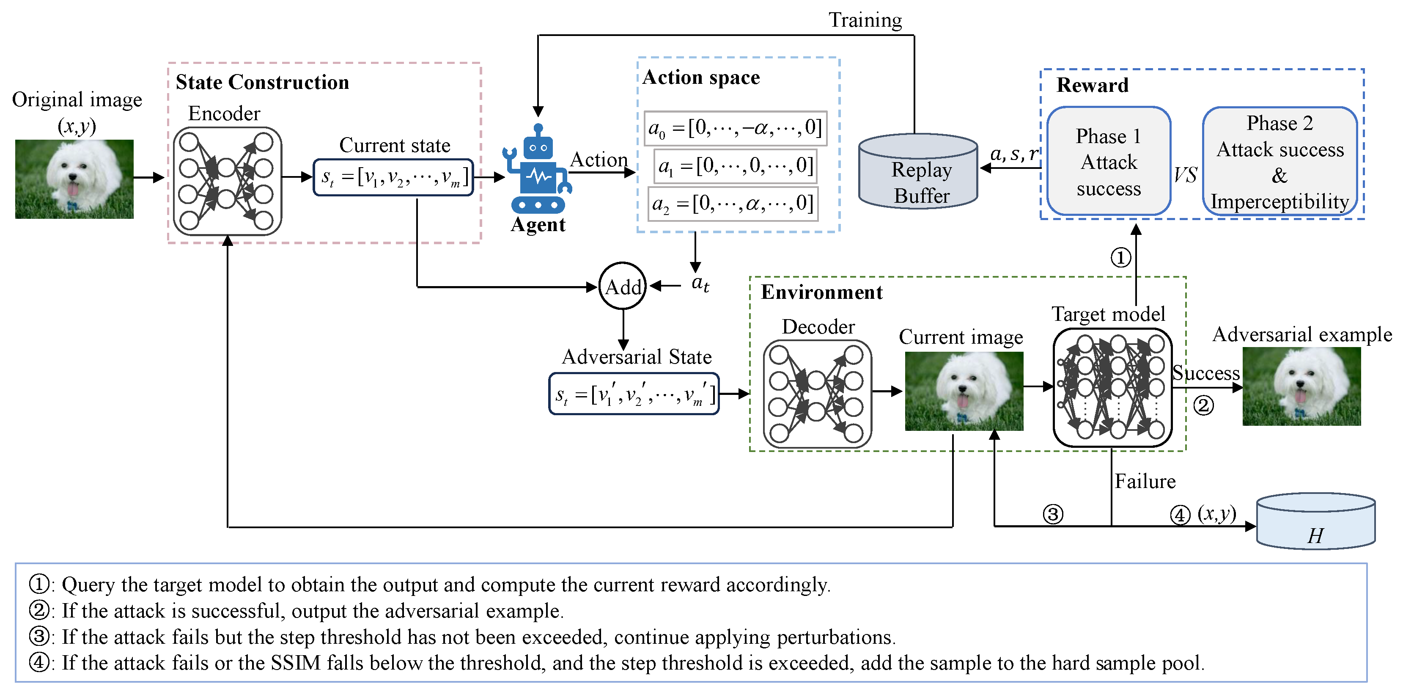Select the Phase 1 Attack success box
click(x=1108, y=161)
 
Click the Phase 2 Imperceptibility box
click(x=1279, y=161)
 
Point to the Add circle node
click(x=623, y=286)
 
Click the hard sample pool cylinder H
click(x=1315, y=522)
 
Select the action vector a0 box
click(x=735, y=129)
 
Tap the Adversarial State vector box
click(x=634, y=394)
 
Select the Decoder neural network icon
click(x=817, y=394)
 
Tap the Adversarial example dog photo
click(x=1301, y=387)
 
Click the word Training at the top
click(x=865, y=20)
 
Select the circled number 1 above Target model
click(x=1120, y=258)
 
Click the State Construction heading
click(x=262, y=82)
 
